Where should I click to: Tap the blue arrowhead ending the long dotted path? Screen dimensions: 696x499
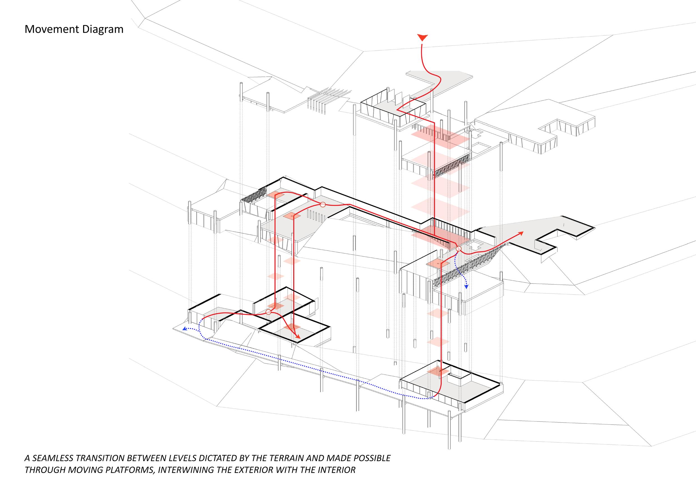[184, 329]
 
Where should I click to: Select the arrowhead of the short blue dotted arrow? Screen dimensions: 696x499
[466, 287]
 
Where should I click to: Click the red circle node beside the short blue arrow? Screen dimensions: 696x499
[459, 249]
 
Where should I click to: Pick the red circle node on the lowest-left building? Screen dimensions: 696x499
[268, 312]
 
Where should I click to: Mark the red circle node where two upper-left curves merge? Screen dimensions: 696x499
[323, 205]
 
